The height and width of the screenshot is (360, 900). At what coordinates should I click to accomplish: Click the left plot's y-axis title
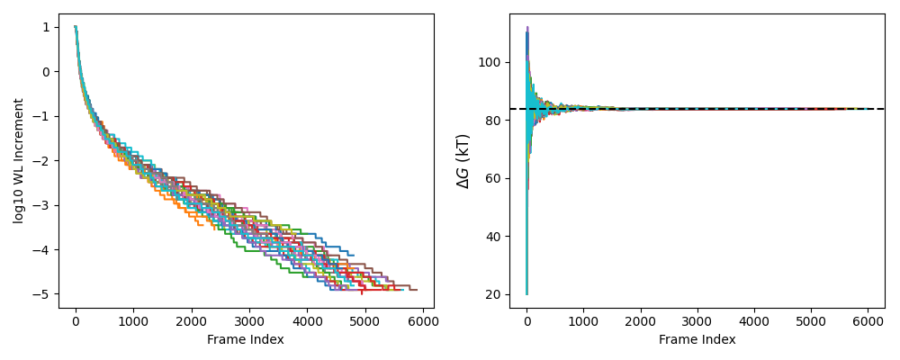[x=19, y=161]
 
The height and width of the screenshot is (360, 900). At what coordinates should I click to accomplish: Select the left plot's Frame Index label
[x=246, y=339]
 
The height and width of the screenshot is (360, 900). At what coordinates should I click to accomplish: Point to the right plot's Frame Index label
[x=697, y=339]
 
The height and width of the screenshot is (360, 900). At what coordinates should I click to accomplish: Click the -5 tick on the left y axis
[x=47, y=294]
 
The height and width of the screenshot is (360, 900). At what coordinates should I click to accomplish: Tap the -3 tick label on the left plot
[x=47, y=205]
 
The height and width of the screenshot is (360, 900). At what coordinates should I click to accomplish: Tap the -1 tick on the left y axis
[x=47, y=116]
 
